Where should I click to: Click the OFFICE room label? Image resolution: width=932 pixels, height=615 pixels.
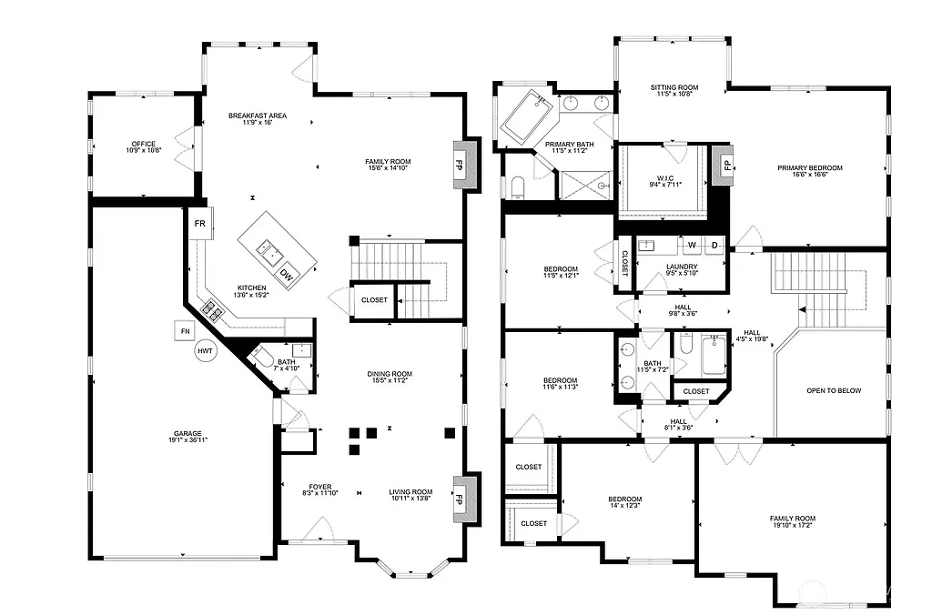click(x=144, y=144)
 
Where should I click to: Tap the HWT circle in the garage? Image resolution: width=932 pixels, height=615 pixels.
click(x=205, y=350)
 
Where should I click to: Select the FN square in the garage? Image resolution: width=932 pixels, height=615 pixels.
click(x=186, y=330)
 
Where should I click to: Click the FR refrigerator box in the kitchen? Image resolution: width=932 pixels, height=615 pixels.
click(x=199, y=223)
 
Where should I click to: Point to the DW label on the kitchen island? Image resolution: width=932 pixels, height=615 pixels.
click(x=286, y=274)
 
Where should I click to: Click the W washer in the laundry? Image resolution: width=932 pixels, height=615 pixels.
click(x=692, y=246)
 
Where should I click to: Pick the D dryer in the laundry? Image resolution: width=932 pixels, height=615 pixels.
click(x=715, y=246)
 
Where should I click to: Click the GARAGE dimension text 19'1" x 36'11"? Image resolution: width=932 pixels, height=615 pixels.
click(x=188, y=440)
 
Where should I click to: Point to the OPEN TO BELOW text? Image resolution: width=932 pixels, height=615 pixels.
click(x=833, y=391)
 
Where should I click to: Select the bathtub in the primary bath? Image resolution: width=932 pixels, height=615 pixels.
click(x=526, y=116)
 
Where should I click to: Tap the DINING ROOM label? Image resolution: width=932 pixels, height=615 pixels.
click(x=390, y=374)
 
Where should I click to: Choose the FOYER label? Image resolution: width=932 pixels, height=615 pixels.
click(x=320, y=486)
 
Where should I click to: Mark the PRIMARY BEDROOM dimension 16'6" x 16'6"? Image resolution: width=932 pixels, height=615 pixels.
click(x=809, y=176)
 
